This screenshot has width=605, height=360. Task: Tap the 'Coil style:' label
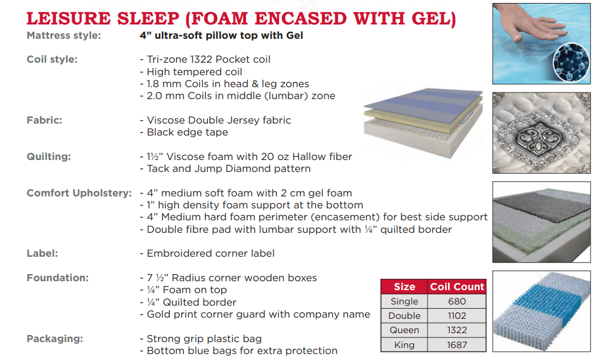[52, 60]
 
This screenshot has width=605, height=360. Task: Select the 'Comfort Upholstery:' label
[79, 193]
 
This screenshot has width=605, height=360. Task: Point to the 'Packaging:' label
[55, 339]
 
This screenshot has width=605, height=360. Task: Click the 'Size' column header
[404, 287]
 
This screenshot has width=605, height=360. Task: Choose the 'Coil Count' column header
[457, 287]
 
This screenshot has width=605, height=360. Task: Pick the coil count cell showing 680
[457, 301]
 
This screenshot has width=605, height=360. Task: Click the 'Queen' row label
[404, 330]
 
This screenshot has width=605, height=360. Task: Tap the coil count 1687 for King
[457, 345]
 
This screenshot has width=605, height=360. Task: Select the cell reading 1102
[457, 316]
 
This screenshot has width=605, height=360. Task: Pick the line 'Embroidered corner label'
[207, 254]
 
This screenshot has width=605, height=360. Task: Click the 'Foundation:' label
[57, 278]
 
